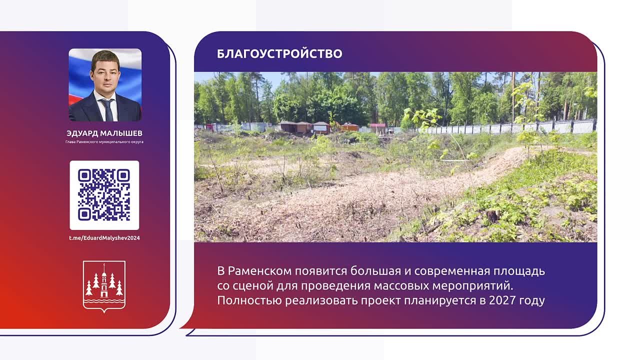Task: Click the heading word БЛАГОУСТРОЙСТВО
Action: point(279,53)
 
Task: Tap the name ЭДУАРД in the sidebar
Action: point(82,133)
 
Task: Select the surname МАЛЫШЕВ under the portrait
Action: point(121,133)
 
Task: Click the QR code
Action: point(104,195)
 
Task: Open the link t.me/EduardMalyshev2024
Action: point(104,238)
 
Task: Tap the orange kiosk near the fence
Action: point(349,127)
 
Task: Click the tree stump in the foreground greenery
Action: point(492,216)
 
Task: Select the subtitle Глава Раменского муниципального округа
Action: point(104,141)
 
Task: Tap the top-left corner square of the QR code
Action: point(84,175)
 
